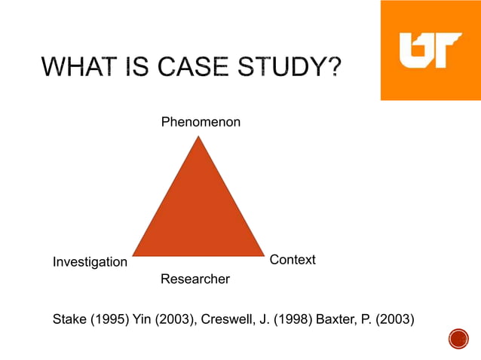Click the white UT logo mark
430,50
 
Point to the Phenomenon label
201,121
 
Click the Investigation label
90,262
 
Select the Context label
293,260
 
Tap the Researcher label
195,279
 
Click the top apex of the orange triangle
198,137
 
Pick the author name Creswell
227,319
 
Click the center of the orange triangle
198,215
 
